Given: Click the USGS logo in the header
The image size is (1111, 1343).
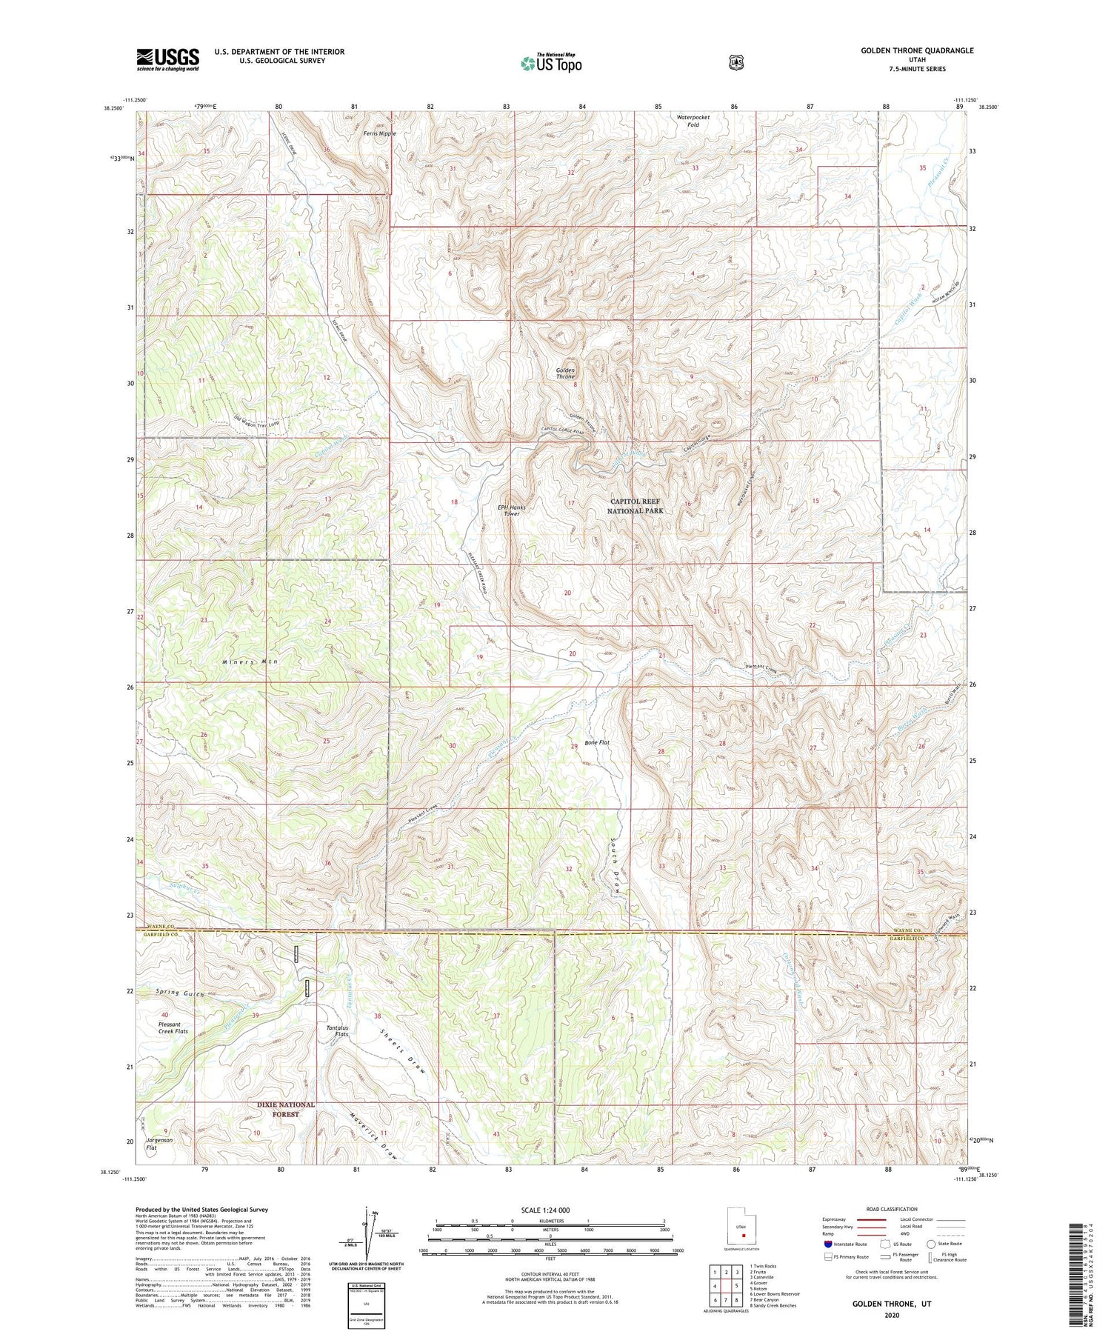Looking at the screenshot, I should [167, 59].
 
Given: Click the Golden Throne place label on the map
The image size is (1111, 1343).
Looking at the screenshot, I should [565, 373].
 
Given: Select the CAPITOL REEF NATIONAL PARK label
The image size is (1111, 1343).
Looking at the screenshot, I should [635, 506].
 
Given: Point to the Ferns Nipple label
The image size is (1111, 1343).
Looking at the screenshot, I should [379, 133].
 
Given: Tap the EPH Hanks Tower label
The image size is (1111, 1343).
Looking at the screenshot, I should [512, 510].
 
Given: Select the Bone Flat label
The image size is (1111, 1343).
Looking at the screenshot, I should [596, 742].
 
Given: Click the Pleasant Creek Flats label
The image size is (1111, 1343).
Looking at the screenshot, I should [173, 1027].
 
